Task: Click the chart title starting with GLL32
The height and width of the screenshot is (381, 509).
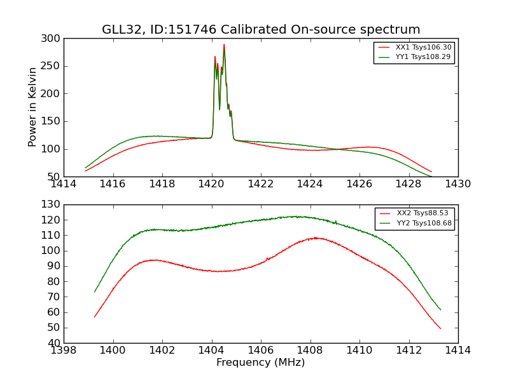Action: [261, 30]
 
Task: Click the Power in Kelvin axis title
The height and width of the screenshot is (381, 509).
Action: [33, 107]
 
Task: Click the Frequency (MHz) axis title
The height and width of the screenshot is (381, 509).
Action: [261, 363]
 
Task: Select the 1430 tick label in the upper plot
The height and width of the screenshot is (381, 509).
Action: [457, 184]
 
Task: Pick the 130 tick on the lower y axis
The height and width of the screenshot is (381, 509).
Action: [53, 204]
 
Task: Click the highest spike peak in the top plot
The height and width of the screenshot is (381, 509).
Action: [224, 44]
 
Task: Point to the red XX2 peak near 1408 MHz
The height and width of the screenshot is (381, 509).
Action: [316, 238]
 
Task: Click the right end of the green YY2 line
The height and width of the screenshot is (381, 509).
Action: [440, 310]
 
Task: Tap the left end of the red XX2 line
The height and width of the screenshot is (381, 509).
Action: [95, 317]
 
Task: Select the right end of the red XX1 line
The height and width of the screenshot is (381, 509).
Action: [431, 172]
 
